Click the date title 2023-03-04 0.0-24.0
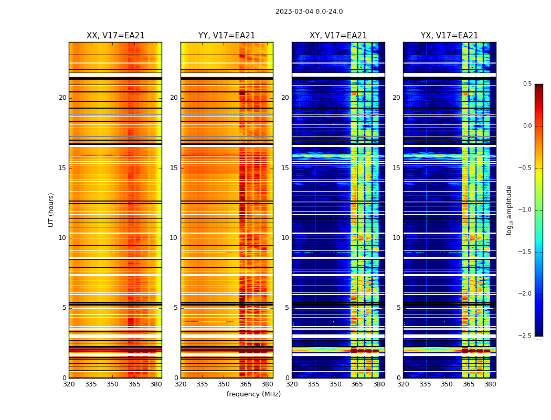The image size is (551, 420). pyautogui.click(x=309, y=12)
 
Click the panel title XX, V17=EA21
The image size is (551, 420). pyautogui.click(x=115, y=36)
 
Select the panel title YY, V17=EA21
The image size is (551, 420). pyautogui.click(x=227, y=36)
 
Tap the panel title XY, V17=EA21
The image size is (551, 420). pyautogui.click(x=338, y=36)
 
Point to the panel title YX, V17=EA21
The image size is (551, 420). pyautogui.click(x=449, y=36)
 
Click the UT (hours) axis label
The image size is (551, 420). pyautogui.click(x=51, y=209)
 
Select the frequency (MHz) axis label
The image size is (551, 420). pyautogui.click(x=253, y=394)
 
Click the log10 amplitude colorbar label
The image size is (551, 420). pyautogui.click(x=509, y=209)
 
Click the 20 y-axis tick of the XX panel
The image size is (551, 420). pyautogui.click(x=62, y=98)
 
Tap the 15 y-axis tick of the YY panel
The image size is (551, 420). pyautogui.click(x=174, y=168)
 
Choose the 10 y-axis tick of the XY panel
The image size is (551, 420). pyautogui.click(x=285, y=238)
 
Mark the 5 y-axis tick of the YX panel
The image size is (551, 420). pyautogui.click(x=398, y=308)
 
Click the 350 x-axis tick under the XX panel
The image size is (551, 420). pyautogui.click(x=112, y=384)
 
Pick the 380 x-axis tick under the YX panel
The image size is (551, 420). pyautogui.click(x=490, y=384)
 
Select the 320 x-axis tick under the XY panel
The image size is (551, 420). pyautogui.click(x=292, y=384)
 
